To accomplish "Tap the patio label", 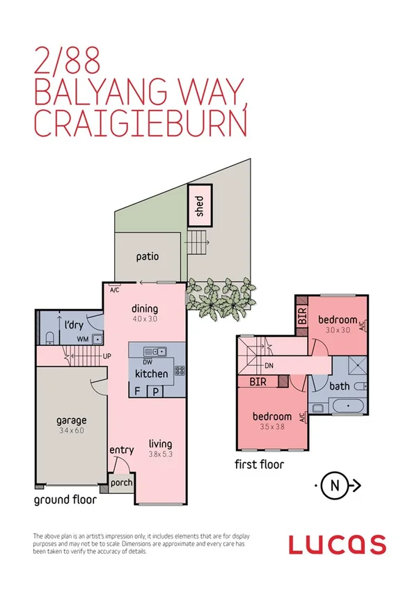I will (147, 257).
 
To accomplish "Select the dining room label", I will (145, 309).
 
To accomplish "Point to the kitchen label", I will (151, 374).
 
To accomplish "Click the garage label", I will (72, 420).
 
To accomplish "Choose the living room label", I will (159, 444).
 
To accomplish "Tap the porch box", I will (121, 482).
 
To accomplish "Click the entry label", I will (121, 451).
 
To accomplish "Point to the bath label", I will (340, 385).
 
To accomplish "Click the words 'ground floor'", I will (65, 499).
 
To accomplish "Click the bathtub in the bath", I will (345, 408).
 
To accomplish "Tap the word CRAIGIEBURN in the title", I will (139, 125).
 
